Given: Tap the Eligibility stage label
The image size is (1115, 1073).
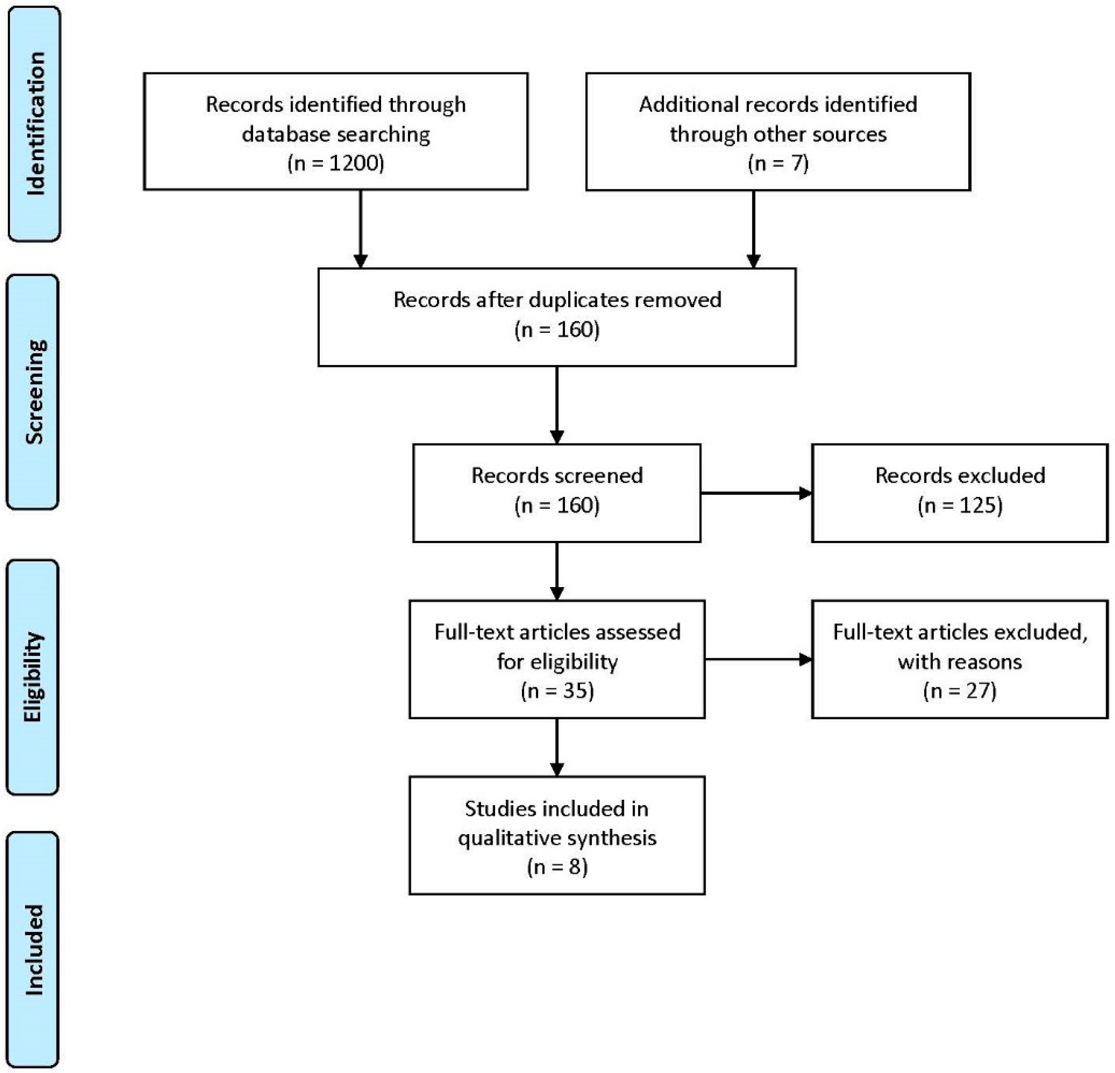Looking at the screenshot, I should coord(33,677).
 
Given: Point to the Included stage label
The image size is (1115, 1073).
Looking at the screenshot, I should coord(33,950).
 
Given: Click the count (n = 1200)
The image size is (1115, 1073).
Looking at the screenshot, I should coord(336,163).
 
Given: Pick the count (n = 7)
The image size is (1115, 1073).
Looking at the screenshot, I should coord(778,163).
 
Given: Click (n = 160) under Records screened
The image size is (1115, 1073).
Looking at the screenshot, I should coord(557,505).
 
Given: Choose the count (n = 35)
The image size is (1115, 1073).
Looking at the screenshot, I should coord(557,691).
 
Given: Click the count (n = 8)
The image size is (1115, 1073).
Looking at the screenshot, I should coord(557,867).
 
